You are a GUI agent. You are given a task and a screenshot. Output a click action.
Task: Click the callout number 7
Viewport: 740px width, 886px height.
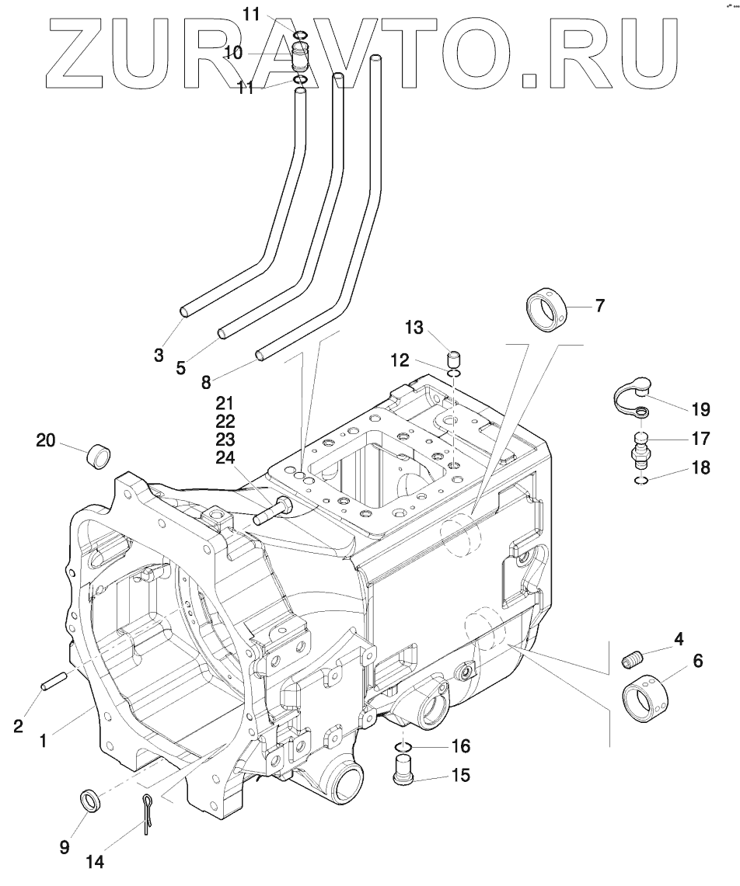pos(599,305)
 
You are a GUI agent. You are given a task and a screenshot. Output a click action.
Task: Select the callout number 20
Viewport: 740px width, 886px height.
pos(47,440)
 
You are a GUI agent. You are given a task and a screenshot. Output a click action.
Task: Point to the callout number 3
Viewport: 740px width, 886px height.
pos(159,355)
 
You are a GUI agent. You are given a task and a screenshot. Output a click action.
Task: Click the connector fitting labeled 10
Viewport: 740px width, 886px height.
pos(302,58)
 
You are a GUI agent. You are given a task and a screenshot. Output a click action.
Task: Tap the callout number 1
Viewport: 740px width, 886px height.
pos(44,741)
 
